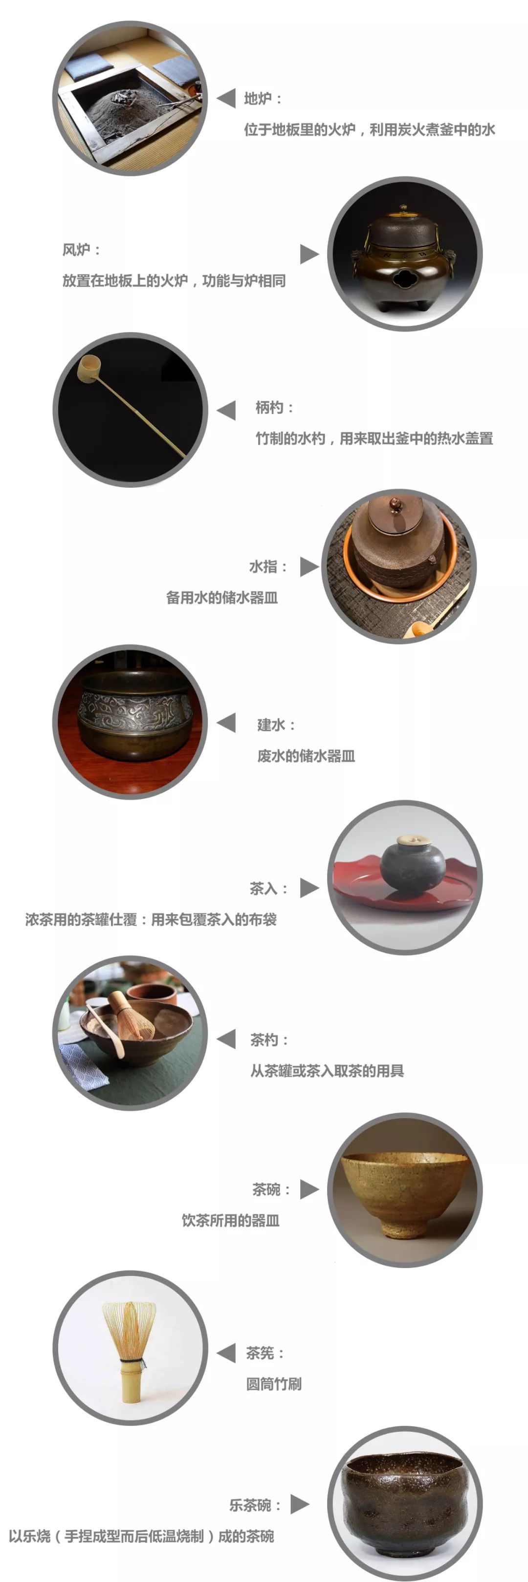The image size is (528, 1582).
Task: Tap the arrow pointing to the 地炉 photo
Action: click(x=226, y=98)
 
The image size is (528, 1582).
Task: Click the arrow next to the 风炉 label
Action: click(x=309, y=253)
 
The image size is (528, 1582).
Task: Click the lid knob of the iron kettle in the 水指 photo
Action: click(x=396, y=503)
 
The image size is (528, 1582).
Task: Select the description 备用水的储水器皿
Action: click(x=222, y=598)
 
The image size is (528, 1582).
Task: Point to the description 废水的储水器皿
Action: click(x=306, y=756)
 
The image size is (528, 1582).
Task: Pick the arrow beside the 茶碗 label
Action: click(x=309, y=1189)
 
